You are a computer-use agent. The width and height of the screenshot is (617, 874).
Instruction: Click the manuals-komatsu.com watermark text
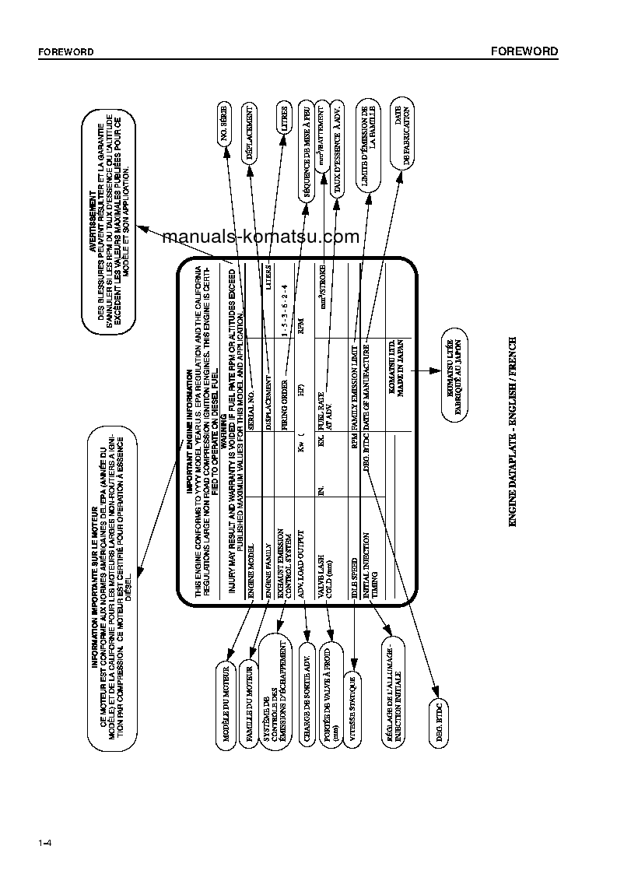point(261,237)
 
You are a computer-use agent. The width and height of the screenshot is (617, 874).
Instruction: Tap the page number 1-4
point(44,844)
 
